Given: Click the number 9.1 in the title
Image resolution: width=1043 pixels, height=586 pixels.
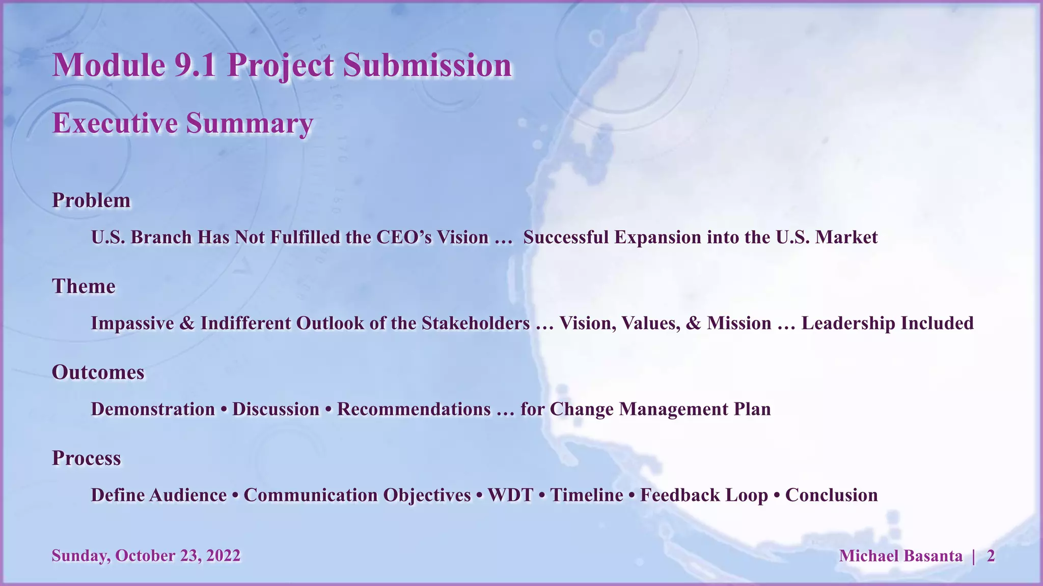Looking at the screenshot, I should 195,66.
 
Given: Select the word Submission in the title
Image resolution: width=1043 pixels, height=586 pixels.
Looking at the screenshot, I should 427,66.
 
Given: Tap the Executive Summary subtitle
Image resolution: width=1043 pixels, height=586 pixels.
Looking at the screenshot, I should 182,124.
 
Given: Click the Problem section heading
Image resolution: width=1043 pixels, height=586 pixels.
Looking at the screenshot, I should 91,200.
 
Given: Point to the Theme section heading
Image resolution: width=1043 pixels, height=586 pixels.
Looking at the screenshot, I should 84,286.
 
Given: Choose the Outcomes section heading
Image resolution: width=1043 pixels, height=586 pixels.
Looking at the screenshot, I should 98,372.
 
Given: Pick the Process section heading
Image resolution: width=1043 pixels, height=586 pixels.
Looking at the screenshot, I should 87,458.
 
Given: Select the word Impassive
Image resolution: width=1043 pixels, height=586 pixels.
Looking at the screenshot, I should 132,324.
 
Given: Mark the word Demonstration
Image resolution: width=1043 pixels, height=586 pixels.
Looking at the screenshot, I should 153,409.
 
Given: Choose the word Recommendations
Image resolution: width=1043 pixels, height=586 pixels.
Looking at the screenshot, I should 414,409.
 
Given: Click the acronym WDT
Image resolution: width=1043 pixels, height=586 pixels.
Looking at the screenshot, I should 510,495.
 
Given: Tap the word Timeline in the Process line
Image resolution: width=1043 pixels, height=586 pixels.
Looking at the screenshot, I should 587,495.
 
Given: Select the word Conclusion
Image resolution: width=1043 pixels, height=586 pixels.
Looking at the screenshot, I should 831,495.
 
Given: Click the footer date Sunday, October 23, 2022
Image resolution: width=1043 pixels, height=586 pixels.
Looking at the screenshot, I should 146,555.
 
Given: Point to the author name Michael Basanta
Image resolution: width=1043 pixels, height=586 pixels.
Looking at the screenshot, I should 900,556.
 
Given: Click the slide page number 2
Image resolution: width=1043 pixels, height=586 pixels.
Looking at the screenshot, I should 991,556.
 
